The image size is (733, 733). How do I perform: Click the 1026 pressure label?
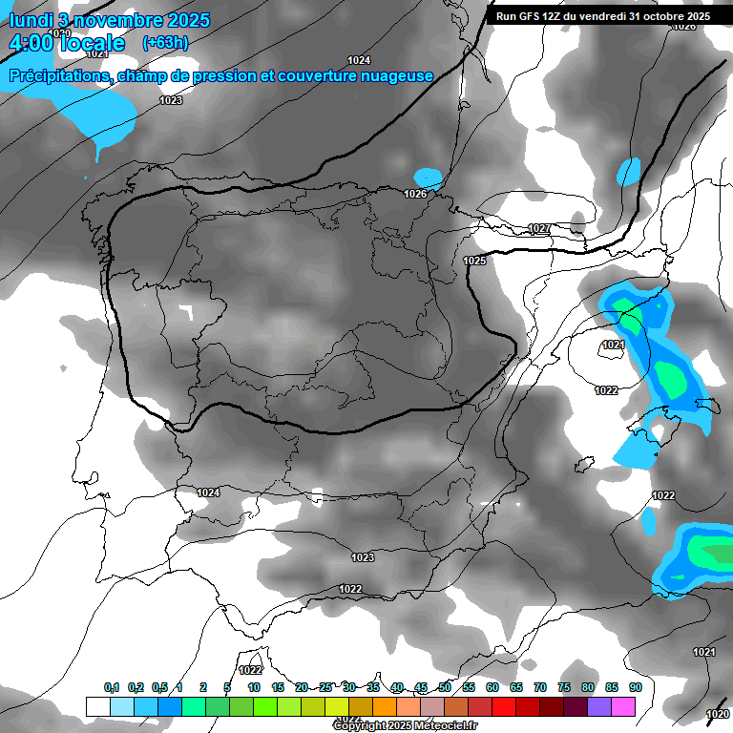pyautogui.click(x=415, y=195)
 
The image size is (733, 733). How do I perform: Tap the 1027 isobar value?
pyautogui.click(x=538, y=229)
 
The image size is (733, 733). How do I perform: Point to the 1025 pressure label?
pyautogui.click(x=474, y=261)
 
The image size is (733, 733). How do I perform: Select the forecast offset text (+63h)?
pyautogui.click(x=165, y=43)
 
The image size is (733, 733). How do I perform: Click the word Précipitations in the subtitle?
pyautogui.click(x=58, y=76)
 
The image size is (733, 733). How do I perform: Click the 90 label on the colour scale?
pyautogui.click(x=635, y=687)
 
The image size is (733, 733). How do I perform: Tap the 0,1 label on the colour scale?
pyautogui.click(x=112, y=687)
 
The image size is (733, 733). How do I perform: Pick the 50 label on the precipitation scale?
pyautogui.click(x=445, y=687)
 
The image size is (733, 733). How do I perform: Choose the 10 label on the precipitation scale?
pyautogui.click(x=254, y=687)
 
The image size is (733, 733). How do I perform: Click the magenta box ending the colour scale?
pyautogui.click(x=623, y=706)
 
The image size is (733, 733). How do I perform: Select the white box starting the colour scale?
pyautogui.click(x=97, y=706)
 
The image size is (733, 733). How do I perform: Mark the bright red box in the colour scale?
pyautogui.click(x=504, y=706)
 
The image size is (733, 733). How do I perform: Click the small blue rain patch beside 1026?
pyautogui.click(x=429, y=178)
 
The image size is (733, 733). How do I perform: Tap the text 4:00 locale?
pyautogui.click(x=67, y=43)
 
